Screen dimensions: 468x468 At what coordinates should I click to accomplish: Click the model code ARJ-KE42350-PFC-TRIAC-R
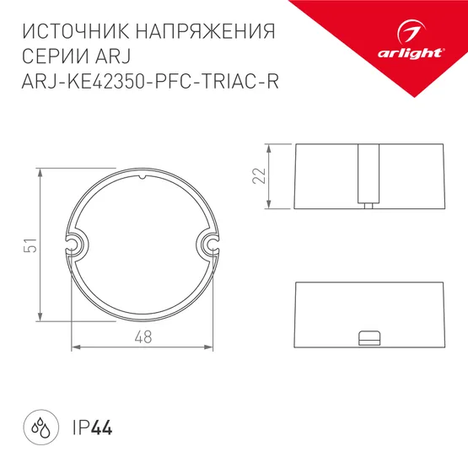point(148,82)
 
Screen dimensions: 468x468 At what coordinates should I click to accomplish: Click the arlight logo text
point(412,52)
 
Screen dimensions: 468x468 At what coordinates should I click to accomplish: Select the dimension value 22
point(260,175)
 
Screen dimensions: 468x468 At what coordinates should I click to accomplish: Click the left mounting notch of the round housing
point(77,245)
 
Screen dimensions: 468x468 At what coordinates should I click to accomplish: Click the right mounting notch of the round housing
point(208,245)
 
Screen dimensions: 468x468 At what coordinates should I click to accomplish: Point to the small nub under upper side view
point(368,205)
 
